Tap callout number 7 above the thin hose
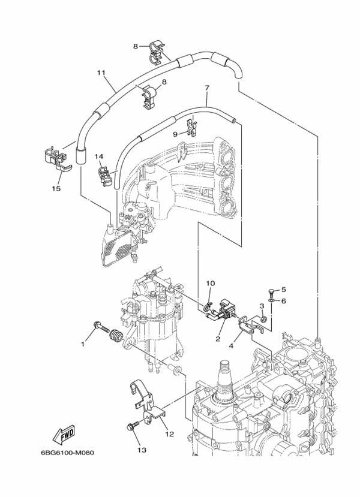206,88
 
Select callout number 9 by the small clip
176,134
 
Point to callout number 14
99,156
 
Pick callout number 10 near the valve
210,283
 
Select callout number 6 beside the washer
284,301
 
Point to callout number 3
262,306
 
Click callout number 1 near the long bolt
83,344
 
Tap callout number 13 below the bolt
142,450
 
